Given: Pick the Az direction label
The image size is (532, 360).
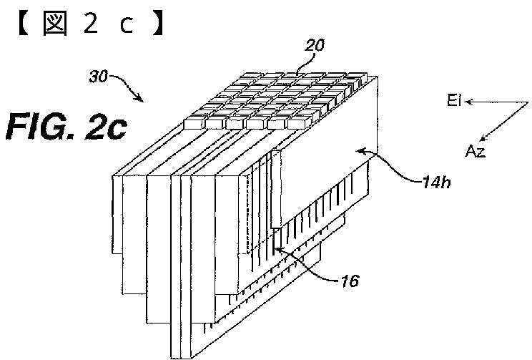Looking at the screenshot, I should click(x=476, y=150).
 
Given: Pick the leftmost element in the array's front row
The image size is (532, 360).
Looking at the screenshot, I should click(x=194, y=123).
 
